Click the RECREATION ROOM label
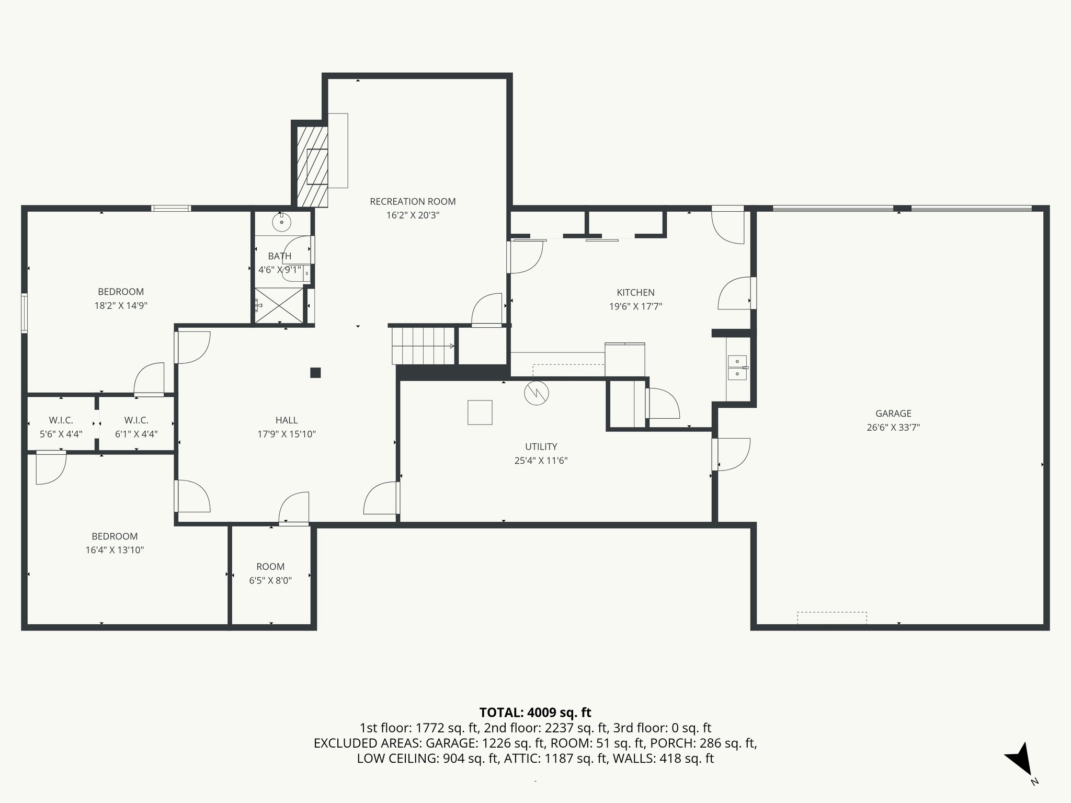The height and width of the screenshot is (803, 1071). [413, 201]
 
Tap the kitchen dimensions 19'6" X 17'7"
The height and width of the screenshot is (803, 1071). [635, 307]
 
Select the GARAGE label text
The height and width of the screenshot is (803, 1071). [893, 414]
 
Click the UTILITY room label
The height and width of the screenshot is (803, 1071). [541, 446]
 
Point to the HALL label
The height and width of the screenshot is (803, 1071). [287, 420]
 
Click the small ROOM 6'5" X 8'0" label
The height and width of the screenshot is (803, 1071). [270, 567]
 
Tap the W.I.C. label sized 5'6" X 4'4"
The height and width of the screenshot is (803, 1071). [61, 420]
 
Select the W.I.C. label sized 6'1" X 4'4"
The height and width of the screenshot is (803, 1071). [136, 420]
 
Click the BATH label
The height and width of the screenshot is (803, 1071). [280, 256]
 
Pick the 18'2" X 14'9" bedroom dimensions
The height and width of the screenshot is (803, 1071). [121, 306]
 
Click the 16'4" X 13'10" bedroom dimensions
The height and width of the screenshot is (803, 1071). [115, 550]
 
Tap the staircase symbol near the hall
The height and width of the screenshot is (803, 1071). [423, 346]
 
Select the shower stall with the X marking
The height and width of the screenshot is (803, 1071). [279, 306]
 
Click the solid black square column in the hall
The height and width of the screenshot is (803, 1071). [315, 373]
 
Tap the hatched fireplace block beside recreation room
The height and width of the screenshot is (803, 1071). [312, 167]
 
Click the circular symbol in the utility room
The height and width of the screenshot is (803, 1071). [536, 393]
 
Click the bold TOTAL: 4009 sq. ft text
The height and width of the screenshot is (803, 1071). [535, 713]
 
